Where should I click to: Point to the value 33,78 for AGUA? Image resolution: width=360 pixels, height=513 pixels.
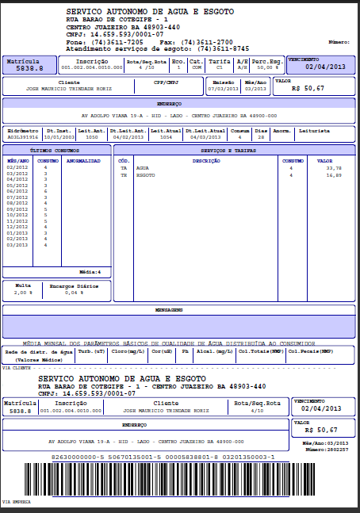[334, 168]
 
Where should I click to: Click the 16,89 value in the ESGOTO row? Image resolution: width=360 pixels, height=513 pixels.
[334, 174]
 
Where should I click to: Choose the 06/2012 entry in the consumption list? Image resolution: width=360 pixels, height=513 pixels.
[17, 191]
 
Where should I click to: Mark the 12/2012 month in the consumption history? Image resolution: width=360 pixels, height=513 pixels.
[17, 227]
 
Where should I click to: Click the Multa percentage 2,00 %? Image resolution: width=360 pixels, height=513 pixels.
[23, 293]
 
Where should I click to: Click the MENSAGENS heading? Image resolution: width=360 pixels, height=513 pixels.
[180, 309]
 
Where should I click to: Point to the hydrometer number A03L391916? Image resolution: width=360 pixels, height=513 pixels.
[22, 136]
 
